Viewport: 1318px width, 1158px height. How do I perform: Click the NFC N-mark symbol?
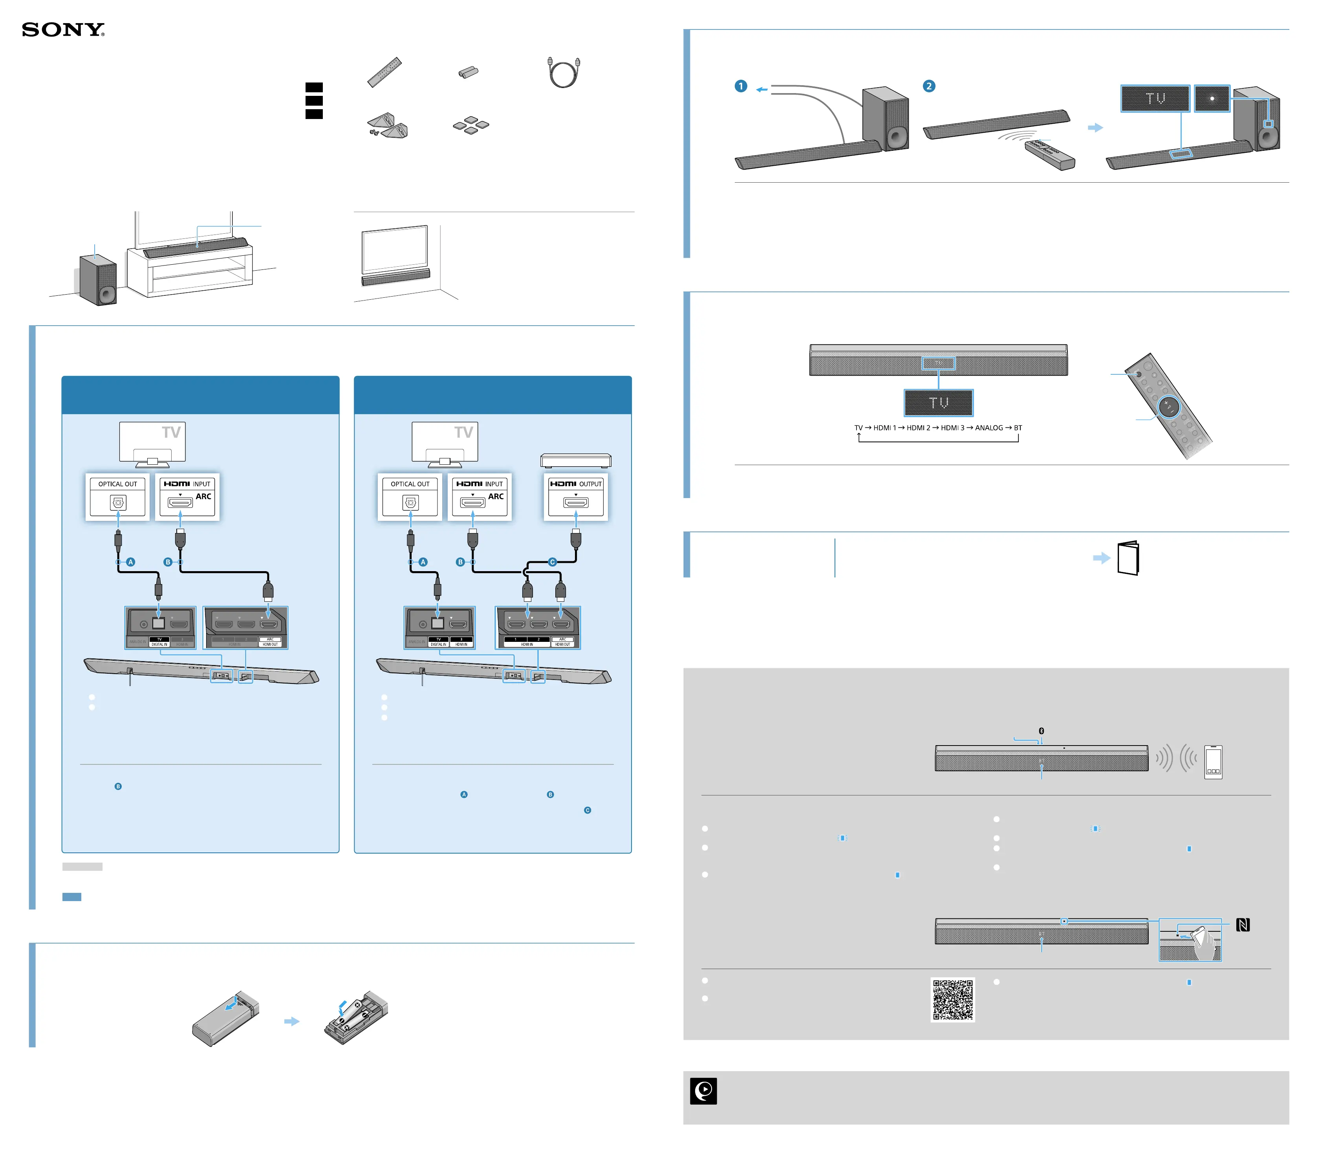click(1243, 925)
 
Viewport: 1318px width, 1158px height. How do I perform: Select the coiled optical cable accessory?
click(563, 72)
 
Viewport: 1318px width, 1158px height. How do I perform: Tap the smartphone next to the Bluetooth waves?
click(1213, 762)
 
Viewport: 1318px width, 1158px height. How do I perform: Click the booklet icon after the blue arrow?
click(1128, 558)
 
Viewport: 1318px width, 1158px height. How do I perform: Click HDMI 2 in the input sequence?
click(918, 427)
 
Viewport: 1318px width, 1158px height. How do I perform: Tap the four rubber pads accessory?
click(471, 125)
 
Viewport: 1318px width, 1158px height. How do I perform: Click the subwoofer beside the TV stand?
click(98, 280)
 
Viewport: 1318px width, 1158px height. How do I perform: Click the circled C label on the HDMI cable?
click(552, 562)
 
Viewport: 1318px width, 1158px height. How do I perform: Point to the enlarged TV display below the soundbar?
click(938, 403)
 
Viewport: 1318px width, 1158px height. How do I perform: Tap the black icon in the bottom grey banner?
click(703, 1091)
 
